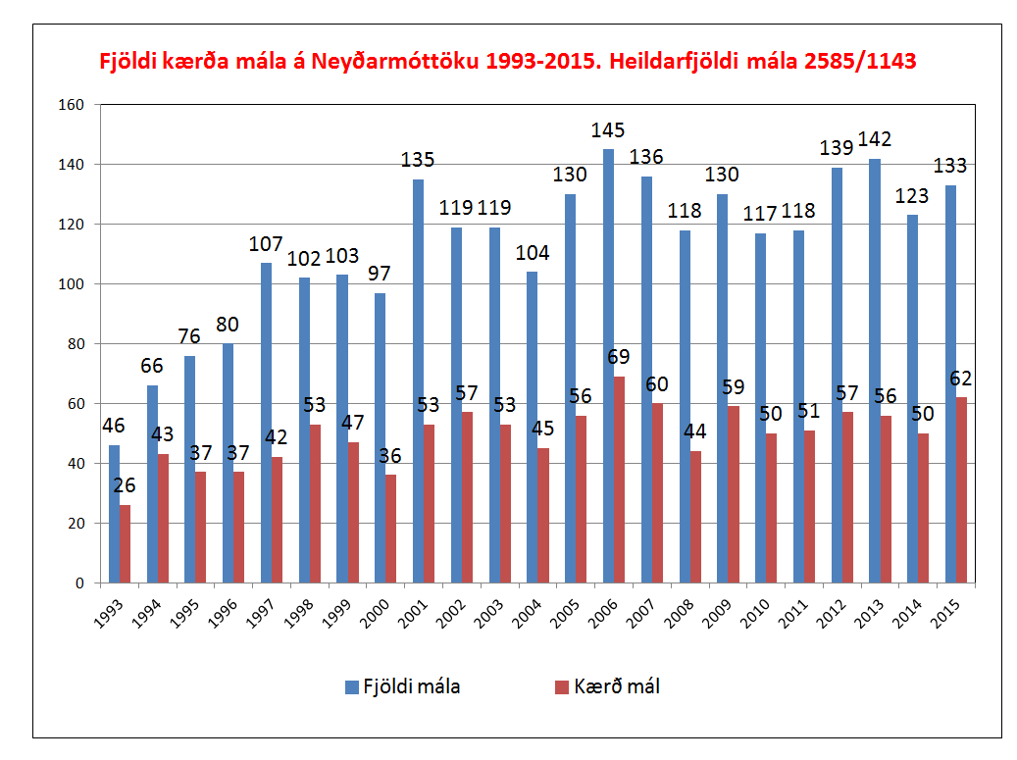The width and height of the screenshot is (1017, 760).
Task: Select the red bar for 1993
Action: click(x=125, y=544)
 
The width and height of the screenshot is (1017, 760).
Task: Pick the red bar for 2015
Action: click(x=961, y=490)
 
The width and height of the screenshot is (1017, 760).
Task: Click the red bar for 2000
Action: click(x=391, y=530)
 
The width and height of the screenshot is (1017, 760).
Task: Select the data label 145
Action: click(x=608, y=130)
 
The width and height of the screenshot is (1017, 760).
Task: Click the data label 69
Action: click(x=619, y=357)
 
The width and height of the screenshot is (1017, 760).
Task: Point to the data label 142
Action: click(x=874, y=139)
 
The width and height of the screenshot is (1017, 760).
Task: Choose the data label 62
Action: click(x=961, y=377)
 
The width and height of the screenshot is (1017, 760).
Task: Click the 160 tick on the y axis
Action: click(x=74, y=104)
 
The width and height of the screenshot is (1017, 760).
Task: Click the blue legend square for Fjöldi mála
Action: click(x=352, y=687)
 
